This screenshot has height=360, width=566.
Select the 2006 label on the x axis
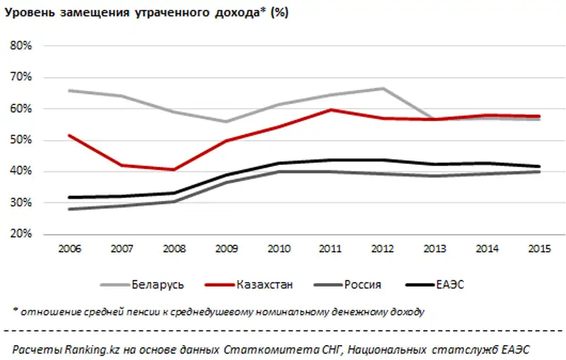69,250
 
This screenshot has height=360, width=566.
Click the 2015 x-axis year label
540,250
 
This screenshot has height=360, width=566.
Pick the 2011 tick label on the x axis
330,250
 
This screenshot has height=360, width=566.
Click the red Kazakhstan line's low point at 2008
173,170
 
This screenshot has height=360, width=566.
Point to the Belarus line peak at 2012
383,88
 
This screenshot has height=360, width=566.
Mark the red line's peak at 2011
330,110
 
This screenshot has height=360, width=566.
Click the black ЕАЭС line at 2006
69,197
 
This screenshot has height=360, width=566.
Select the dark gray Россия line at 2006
69,209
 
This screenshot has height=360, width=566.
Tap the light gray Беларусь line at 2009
226,122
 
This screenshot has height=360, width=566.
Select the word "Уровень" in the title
25,13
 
